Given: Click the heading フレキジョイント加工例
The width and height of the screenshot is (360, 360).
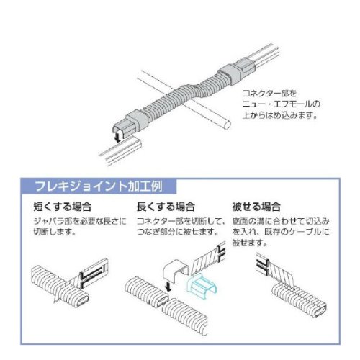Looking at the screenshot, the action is (99, 186).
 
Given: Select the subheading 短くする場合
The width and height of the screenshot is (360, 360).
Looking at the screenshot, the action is (63, 207).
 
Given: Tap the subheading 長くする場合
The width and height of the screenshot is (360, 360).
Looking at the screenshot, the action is (166, 207).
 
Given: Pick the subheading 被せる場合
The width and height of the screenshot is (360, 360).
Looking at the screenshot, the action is (256, 207).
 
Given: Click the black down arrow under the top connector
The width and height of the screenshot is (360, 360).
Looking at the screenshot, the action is (117, 137).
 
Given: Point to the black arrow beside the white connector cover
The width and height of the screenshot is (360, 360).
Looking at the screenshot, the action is (168, 287).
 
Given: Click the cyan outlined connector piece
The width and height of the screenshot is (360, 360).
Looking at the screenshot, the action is (202, 287).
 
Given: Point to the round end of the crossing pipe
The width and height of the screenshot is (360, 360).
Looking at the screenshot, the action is (227, 125).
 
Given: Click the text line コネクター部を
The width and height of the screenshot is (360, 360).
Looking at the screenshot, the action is (269, 93).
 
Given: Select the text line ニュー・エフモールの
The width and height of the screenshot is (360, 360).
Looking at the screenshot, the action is (281, 104).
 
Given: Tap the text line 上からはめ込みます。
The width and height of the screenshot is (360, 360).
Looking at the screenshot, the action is (280, 115).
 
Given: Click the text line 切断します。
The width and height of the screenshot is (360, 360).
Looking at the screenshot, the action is (55, 232).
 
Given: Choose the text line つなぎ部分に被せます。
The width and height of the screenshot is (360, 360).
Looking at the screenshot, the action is (178, 232).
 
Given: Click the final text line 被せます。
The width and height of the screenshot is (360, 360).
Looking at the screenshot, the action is (250, 243).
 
